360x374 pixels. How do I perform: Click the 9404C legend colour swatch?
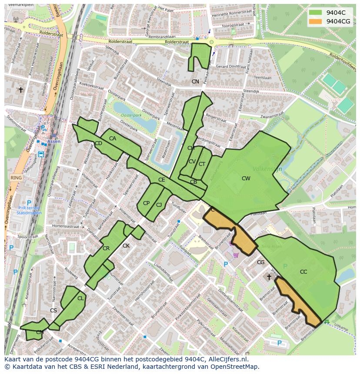[316, 13]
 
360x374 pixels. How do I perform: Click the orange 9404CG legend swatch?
[316, 21]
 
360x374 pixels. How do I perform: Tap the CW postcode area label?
[246, 179]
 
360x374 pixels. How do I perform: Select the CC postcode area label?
[303, 272]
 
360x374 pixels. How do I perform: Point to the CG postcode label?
[260, 262]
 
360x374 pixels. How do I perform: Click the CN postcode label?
[195, 82]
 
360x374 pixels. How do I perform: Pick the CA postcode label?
[113, 139]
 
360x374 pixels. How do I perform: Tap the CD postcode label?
[98, 143]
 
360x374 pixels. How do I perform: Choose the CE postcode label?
[161, 180]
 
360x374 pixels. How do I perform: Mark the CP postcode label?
[146, 203]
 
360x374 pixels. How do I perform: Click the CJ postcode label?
[159, 205]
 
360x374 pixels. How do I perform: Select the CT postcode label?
[202, 164]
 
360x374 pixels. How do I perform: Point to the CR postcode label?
[106, 249]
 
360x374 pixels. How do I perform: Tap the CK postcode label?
[126, 246]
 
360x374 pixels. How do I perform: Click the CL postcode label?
[80, 298]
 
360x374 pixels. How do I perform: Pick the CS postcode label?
[53, 311]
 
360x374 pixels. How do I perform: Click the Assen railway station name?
[54, 141]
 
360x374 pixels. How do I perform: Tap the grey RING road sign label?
[16, 178]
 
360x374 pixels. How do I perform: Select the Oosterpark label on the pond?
[131, 116]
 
